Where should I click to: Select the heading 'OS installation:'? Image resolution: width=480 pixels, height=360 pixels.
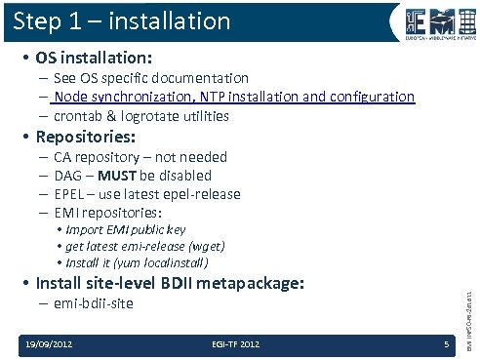[x=94, y=56]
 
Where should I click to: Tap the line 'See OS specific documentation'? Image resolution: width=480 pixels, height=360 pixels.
[x=150, y=77]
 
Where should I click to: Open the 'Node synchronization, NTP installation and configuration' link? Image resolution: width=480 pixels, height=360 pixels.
[x=234, y=97]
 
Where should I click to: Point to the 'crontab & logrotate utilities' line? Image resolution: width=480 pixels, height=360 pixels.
[x=141, y=116]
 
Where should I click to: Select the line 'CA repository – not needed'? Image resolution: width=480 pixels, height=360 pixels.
[x=140, y=157]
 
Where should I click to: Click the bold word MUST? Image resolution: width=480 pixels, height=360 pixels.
[x=130, y=176]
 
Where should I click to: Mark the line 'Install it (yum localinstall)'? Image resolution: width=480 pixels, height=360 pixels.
[x=138, y=262]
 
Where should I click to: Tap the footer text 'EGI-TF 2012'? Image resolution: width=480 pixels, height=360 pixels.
[x=235, y=343]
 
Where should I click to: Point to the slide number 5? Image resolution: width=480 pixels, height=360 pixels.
[x=445, y=343]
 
